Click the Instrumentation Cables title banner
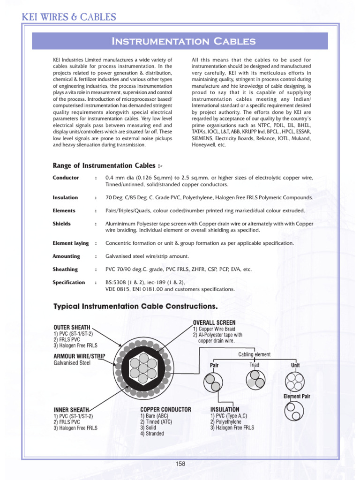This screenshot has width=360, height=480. (x=183, y=41)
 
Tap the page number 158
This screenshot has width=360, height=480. (x=180, y=464)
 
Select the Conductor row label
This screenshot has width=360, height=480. (x=66, y=178)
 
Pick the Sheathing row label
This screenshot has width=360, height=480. (x=65, y=270)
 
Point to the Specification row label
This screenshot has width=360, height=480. (x=69, y=283)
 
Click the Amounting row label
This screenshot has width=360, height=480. (x=67, y=256)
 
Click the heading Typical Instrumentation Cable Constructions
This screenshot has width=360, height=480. (x=136, y=307)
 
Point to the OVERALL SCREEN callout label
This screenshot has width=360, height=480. (x=214, y=322)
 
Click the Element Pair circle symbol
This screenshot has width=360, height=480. (x=296, y=412)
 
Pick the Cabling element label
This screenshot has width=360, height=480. (x=254, y=354)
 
